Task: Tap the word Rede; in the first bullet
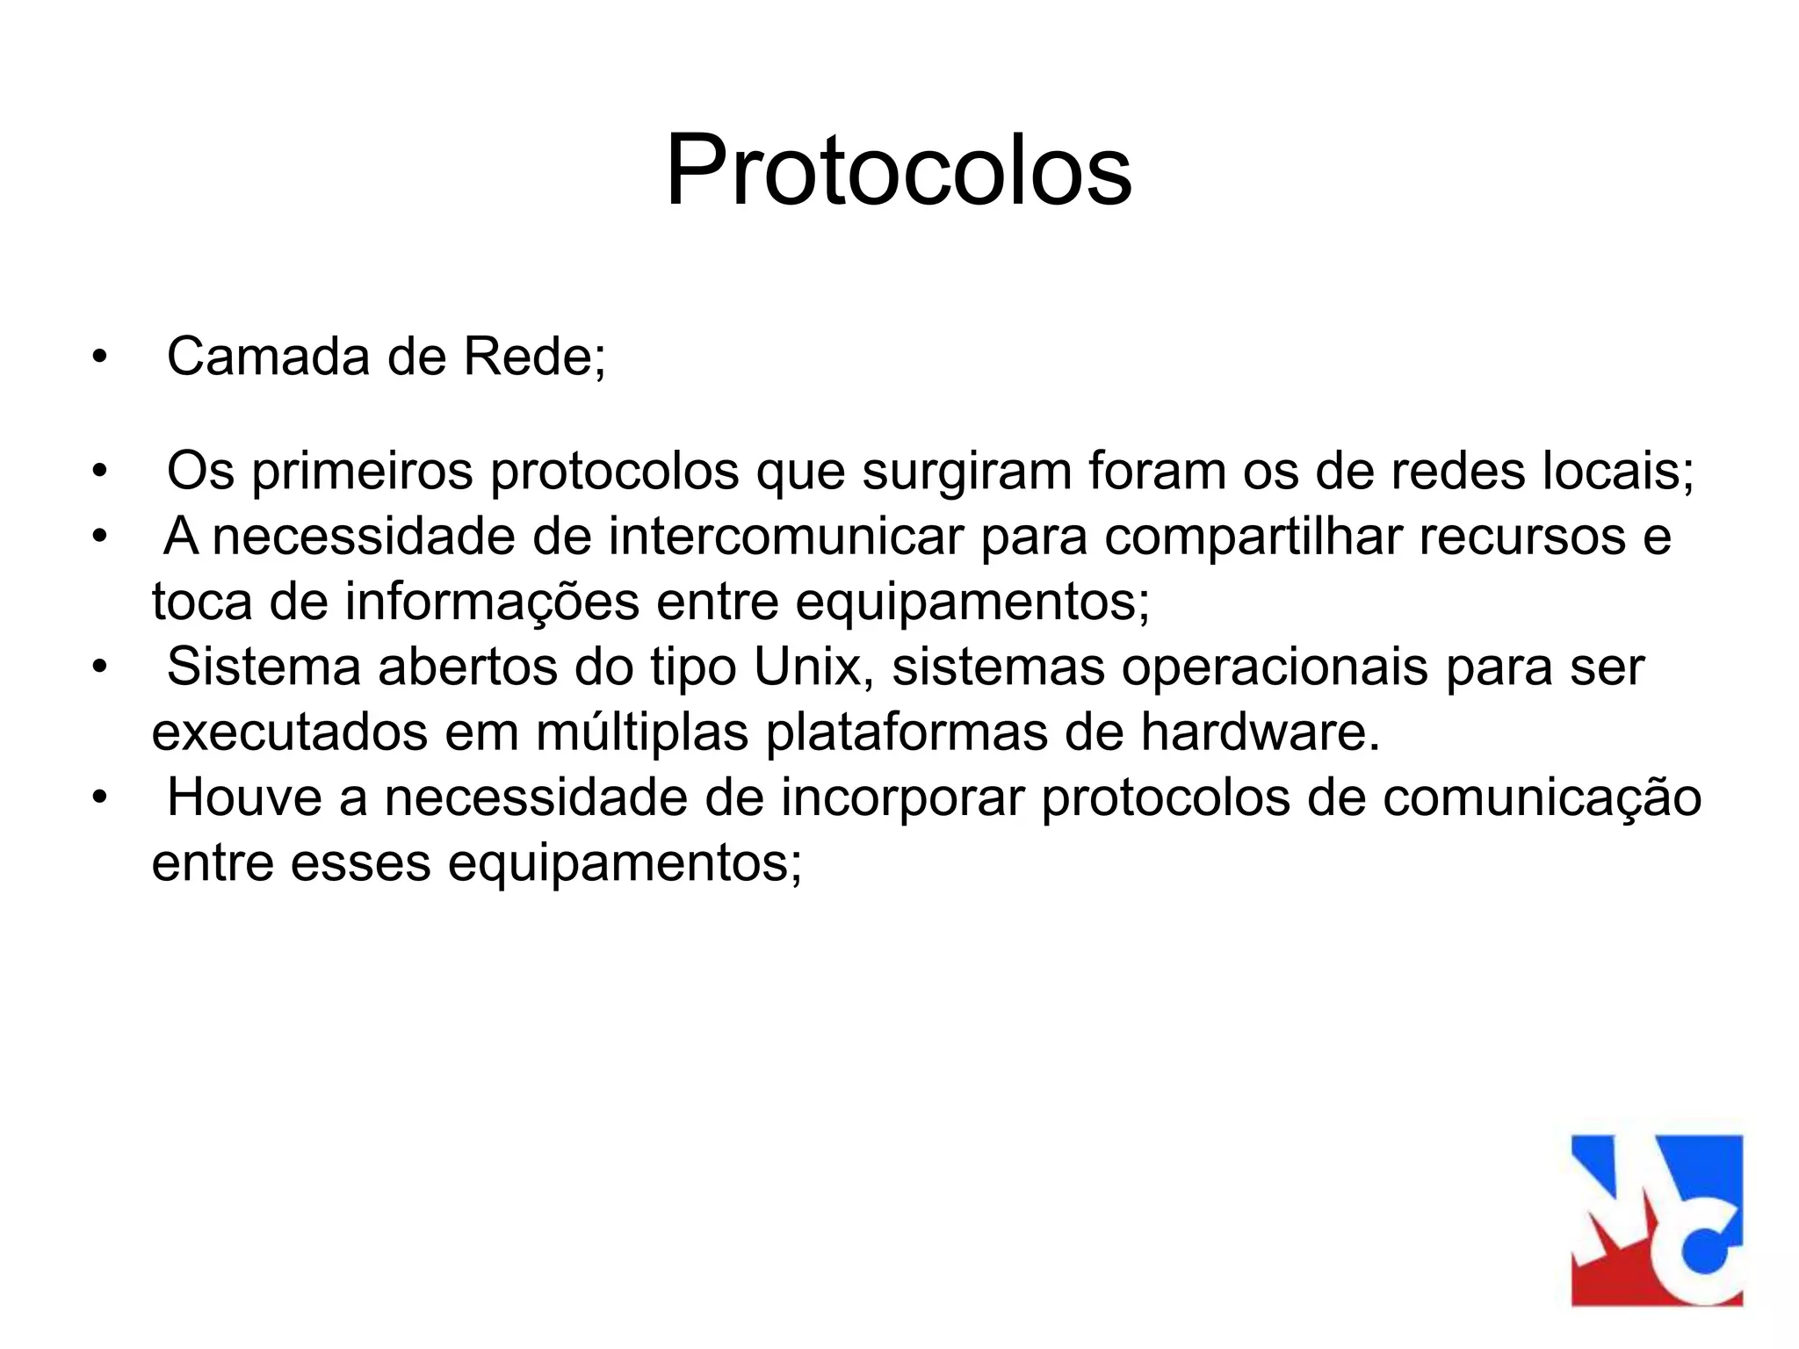(535, 358)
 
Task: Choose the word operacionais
(1275, 668)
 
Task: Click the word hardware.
(1260, 732)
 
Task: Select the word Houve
(244, 797)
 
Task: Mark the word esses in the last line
(360, 863)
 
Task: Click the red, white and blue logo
(1657, 1220)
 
